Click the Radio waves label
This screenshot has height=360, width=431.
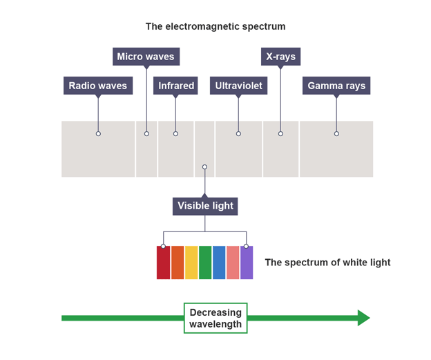98,86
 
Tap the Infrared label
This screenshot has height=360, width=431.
176,86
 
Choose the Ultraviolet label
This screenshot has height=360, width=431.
238,86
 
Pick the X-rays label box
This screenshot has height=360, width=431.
280,56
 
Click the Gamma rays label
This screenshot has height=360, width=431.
336,86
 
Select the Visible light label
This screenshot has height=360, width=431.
205,205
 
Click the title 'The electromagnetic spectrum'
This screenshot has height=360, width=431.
215,26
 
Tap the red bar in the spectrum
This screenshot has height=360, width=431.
163,263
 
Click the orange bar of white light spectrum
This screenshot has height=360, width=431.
178,263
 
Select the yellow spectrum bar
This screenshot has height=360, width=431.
191,263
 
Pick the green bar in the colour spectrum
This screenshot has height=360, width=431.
205,263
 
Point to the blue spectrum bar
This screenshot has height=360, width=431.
219,263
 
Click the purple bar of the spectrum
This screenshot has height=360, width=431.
247,263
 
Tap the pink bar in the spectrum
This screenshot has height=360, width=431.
233,263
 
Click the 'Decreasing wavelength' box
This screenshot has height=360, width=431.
215,318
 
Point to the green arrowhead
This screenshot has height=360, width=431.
363,318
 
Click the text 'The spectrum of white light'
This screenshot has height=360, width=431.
327,263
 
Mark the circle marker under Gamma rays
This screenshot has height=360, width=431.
336,133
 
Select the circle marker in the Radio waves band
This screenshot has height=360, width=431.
98,133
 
